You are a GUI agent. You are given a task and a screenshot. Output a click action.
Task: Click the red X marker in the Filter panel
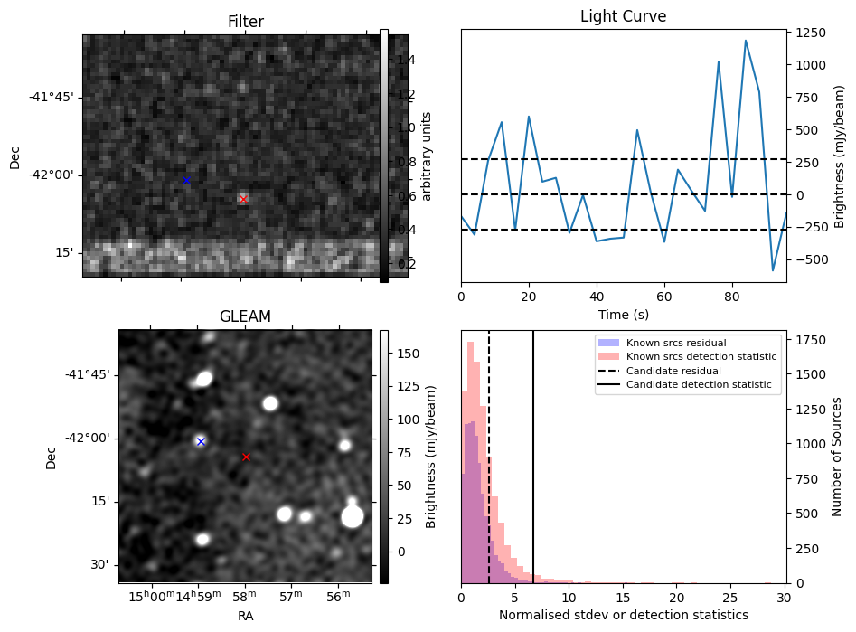(243, 199)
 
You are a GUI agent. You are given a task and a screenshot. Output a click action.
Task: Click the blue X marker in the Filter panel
(186, 180)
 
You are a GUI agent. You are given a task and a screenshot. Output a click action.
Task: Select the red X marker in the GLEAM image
(246, 457)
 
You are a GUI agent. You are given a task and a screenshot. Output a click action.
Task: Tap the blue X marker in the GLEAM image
(201, 441)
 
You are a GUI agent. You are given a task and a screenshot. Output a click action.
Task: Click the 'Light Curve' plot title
(623, 16)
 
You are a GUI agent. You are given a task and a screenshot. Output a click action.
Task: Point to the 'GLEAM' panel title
(245, 316)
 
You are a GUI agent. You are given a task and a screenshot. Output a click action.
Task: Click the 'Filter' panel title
(245, 22)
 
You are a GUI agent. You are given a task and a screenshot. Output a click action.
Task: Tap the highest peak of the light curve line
(746, 41)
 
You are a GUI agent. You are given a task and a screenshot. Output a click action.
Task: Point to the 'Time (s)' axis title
(623, 315)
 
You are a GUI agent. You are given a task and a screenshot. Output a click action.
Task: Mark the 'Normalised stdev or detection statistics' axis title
(624, 615)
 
